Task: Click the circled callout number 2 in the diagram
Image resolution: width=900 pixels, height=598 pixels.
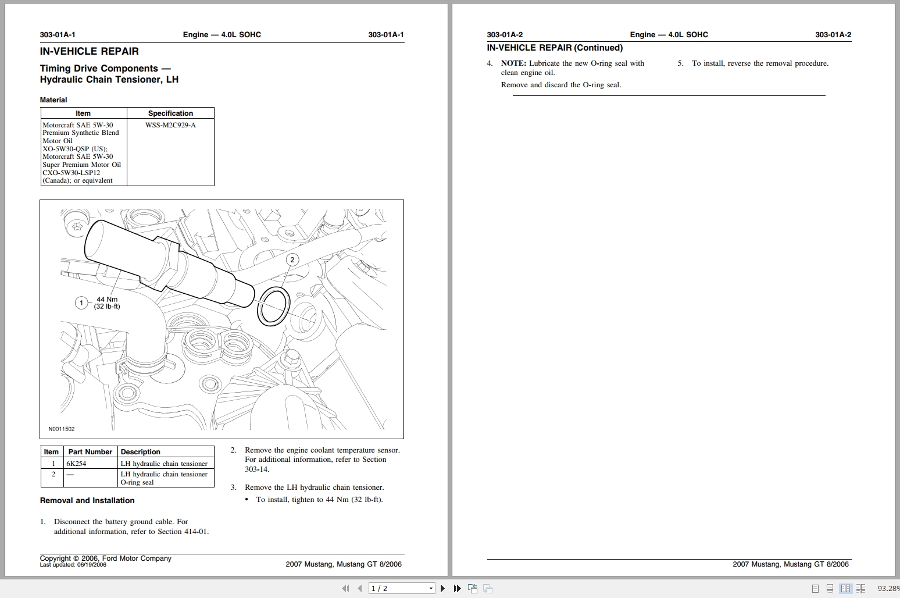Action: coord(292,259)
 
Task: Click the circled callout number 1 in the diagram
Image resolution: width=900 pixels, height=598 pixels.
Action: coord(81,302)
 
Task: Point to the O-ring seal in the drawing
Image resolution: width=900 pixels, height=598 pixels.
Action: coord(273,306)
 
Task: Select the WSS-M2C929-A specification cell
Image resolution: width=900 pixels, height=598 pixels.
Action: coord(170,125)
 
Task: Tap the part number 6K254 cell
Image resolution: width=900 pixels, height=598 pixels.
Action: coord(76,464)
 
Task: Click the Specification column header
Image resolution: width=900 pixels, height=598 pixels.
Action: coord(170,113)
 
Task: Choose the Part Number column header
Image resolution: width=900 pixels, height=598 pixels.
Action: coord(90,452)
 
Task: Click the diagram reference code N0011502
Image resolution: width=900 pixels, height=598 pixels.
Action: coord(62,429)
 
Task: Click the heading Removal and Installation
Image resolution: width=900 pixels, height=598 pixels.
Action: coord(87,500)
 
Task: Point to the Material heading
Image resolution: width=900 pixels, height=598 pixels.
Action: coord(53,99)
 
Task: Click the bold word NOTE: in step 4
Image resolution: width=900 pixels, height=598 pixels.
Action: coord(513,63)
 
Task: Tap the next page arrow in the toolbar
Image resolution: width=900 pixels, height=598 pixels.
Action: coord(442,588)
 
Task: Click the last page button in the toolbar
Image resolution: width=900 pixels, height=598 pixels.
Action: coord(457,588)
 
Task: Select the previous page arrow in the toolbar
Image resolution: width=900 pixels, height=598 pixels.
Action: coord(360,588)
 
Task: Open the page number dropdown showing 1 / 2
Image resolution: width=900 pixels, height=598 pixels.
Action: coord(402,588)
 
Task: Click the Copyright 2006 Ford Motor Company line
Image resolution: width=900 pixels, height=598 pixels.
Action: coord(106,558)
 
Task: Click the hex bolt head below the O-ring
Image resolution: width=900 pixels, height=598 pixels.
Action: coord(292,357)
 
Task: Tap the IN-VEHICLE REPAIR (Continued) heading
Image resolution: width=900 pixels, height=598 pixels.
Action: coord(555,48)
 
